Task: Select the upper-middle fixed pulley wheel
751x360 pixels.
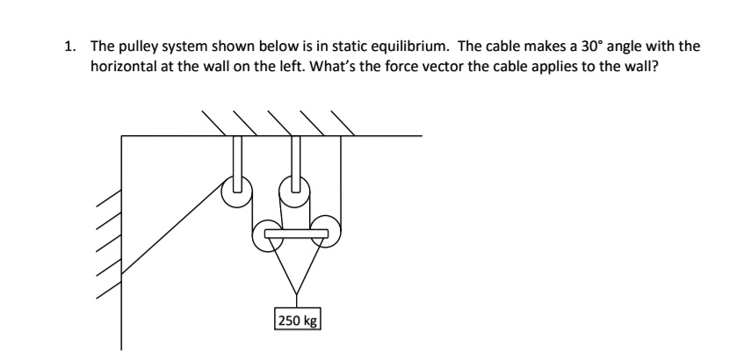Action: pyautogui.click(x=296, y=187)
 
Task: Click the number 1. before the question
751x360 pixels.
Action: pyautogui.click(x=72, y=47)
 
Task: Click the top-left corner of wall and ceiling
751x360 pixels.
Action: pyautogui.click(x=122, y=136)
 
